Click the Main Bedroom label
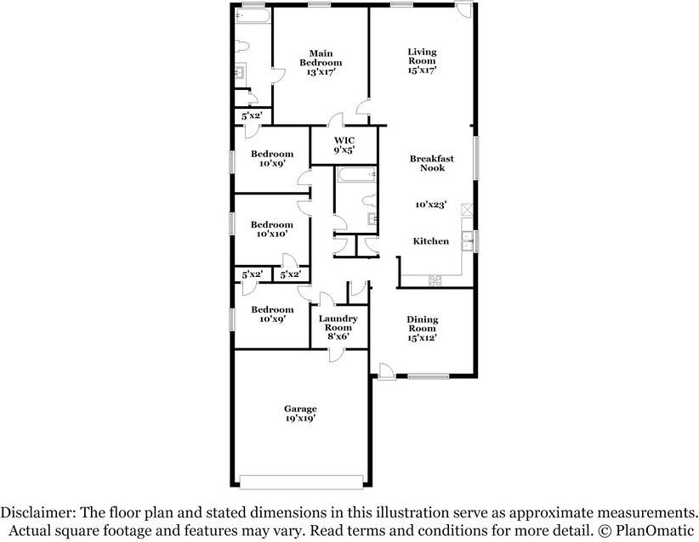point(321,59)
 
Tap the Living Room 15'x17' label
point(422,61)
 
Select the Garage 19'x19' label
point(300,413)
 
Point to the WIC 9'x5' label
point(344,145)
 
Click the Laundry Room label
point(338,323)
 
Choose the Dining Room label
point(422,324)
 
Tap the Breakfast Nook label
point(431,163)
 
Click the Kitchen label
point(430,241)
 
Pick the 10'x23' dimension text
point(430,205)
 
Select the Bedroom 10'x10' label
point(271,229)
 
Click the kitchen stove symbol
point(435,280)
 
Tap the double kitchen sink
point(467,241)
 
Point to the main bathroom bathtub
point(253,16)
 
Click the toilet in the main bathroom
point(242,47)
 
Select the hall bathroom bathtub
point(356,175)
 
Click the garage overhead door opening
point(301,482)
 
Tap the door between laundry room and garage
point(336,355)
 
